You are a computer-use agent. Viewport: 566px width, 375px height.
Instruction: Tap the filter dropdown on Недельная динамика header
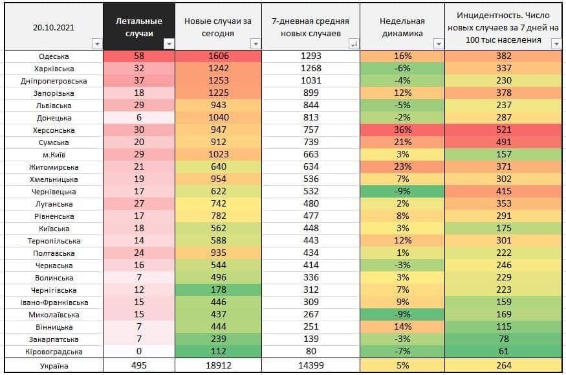(439, 44)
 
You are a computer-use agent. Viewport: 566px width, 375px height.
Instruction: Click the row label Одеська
(54, 56)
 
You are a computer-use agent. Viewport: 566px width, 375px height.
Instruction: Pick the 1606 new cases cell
(219, 56)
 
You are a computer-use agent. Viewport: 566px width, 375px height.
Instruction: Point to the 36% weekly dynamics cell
(402, 130)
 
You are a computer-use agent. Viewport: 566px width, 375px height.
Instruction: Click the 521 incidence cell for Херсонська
(504, 130)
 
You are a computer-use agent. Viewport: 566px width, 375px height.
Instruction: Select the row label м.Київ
(54, 155)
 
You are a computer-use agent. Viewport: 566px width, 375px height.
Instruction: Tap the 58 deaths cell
(140, 56)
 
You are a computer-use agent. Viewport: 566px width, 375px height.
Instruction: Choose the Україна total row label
(54, 365)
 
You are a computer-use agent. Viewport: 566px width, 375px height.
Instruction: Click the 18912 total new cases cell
(219, 365)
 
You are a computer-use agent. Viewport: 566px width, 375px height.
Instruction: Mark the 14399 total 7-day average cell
(311, 365)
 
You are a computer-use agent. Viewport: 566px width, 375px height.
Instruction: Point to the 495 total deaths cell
(140, 365)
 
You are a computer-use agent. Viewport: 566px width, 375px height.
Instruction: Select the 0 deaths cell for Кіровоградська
(140, 352)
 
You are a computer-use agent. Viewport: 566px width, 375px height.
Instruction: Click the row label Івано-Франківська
(54, 302)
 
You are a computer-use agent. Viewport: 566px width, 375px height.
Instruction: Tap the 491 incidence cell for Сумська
(504, 142)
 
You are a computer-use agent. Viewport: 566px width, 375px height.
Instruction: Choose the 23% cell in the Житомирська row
(402, 167)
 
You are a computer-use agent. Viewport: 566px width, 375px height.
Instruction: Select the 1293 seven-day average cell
(311, 56)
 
